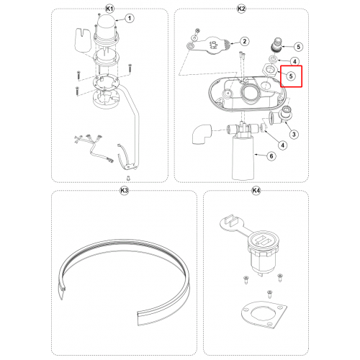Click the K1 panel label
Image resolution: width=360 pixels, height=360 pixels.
tap(109, 9)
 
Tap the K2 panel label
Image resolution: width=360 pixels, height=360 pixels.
tap(241, 9)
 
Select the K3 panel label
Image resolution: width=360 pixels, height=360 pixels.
tap(124, 191)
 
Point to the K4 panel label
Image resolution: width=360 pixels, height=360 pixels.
tap(256, 191)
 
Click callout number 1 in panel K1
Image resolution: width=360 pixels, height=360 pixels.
tap(130, 18)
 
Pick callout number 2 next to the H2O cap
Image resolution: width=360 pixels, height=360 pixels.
tap(244, 41)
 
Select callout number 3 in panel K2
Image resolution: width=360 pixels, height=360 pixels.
tap(294, 135)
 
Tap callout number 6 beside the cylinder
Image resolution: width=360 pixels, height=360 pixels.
tap(271, 156)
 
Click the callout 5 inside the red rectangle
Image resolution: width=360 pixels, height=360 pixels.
tap(291, 76)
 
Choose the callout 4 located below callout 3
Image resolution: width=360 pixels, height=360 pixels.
tap(282, 145)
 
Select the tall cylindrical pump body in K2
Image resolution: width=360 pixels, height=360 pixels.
tap(243, 158)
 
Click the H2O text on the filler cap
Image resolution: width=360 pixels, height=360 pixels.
tap(215, 45)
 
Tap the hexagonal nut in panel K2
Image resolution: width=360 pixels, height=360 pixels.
tap(271, 70)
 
